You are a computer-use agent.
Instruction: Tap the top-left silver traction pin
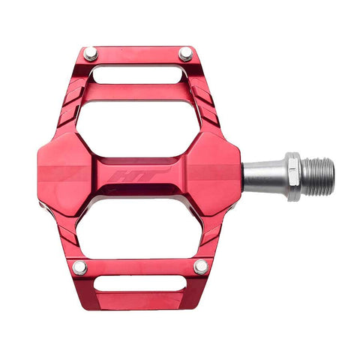coord(90,53)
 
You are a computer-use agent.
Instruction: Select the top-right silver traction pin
coord(185,54)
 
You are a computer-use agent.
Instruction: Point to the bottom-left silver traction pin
coord(79,268)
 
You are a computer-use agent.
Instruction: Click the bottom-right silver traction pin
coord(201,267)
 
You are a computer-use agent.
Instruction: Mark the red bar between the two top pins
coord(138,55)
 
